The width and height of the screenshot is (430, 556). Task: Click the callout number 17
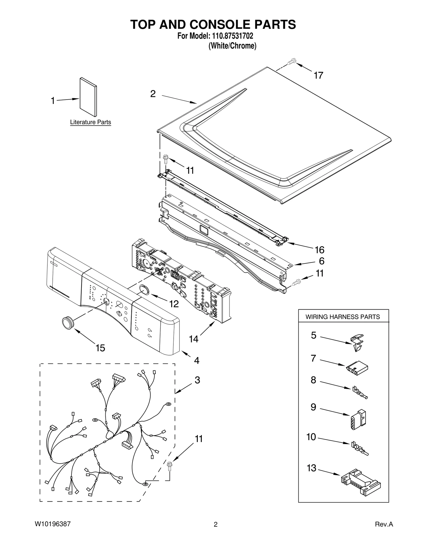point(318,76)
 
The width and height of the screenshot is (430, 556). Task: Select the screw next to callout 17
point(291,62)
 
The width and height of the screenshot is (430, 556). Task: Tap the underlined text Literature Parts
point(90,122)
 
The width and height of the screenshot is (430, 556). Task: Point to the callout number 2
point(153,94)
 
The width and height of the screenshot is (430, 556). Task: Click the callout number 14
point(193,339)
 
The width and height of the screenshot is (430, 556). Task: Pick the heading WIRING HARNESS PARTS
point(343,317)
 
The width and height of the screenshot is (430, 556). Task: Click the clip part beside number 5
point(357,343)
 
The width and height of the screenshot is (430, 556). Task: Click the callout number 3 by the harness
point(197,380)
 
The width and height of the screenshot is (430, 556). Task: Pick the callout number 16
point(320,250)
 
